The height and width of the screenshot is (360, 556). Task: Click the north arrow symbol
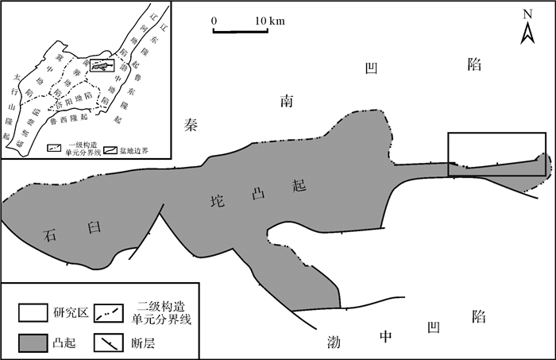tap(526, 33)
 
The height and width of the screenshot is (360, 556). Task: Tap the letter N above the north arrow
tap(526, 14)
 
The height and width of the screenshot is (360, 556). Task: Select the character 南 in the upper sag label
tap(288, 101)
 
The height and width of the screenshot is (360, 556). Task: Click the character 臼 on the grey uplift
tap(95, 228)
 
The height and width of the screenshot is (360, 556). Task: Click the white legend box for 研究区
tap(25, 312)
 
